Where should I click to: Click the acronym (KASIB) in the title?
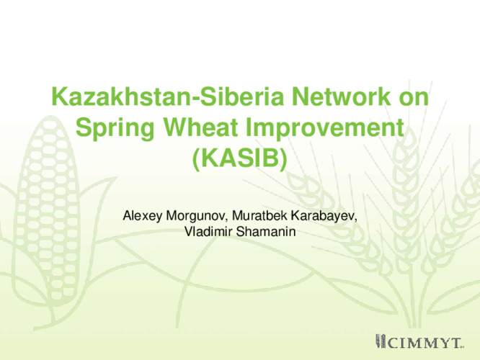click(241, 159)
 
